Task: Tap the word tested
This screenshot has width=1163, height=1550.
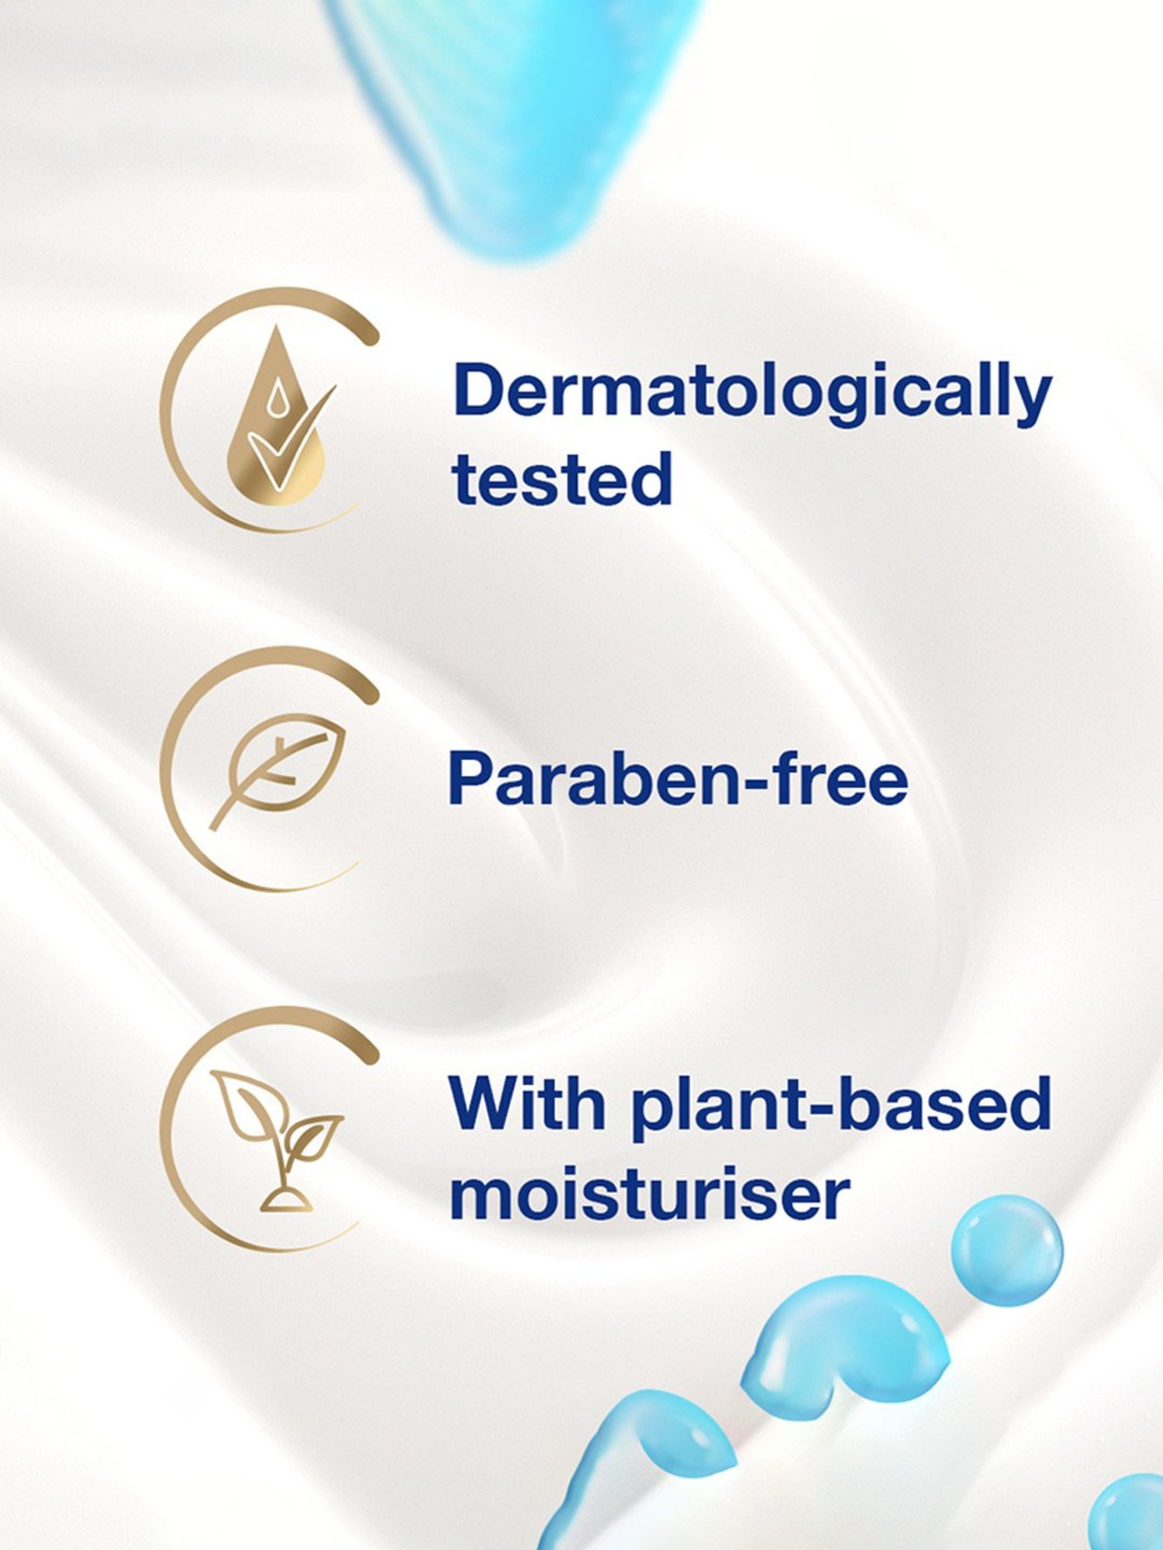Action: (x=562, y=478)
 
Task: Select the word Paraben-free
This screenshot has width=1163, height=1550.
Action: (x=678, y=779)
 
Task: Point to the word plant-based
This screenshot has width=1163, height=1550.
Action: (x=842, y=1107)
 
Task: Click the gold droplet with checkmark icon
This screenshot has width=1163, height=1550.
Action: (x=279, y=415)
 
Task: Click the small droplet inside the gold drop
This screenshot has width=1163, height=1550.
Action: (x=276, y=400)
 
